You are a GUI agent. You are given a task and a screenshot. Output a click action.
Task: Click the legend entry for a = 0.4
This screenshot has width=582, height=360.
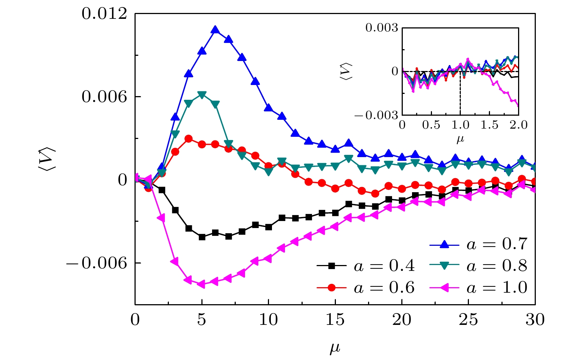click(384, 266)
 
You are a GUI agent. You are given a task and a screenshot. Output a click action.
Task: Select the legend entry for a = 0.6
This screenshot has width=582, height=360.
click(384, 288)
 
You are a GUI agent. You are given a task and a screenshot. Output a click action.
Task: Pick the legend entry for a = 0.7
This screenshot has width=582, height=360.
click(496, 244)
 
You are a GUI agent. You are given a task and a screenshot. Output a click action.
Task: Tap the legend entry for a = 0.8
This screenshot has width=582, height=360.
click(496, 266)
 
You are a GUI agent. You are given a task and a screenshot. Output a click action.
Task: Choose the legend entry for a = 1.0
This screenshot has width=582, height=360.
click(496, 288)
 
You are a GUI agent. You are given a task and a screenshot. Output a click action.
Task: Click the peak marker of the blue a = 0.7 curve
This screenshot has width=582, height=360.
click(215, 30)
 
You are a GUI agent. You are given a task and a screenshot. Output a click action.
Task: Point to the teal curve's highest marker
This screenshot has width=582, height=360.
click(202, 95)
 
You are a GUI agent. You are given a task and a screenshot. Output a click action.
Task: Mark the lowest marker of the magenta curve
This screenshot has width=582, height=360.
click(202, 284)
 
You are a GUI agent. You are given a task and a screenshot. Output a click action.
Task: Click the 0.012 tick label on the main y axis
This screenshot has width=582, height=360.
click(104, 14)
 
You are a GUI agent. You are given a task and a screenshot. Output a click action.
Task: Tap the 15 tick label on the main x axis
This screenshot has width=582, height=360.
click(335, 320)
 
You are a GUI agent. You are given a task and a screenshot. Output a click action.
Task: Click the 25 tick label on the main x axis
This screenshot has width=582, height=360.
click(469, 320)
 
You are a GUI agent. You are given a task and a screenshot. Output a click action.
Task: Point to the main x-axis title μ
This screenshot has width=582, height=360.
click(335, 348)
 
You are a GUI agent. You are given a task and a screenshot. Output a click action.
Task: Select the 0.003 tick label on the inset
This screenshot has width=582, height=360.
click(382, 28)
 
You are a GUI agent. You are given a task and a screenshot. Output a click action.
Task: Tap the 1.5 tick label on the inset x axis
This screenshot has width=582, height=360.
click(490, 125)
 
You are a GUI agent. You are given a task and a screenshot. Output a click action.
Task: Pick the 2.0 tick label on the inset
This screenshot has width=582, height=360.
click(519, 125)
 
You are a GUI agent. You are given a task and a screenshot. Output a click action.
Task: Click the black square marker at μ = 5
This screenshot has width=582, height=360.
click(202, 237)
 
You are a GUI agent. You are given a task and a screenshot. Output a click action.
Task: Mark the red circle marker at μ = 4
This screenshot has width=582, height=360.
click(188, 139)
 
